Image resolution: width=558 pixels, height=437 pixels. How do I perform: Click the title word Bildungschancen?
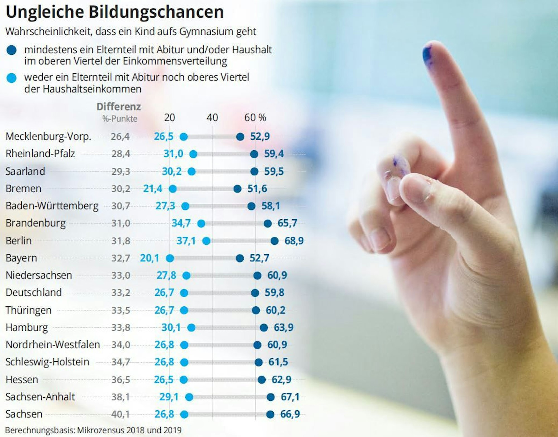156,12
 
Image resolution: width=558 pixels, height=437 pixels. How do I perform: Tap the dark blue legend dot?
11,50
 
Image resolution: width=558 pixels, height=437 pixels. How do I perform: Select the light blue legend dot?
11,78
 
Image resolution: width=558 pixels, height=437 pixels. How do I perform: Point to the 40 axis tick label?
212,118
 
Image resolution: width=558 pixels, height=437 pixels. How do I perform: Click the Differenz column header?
119,107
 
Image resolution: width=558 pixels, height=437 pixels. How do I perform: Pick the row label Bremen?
23,189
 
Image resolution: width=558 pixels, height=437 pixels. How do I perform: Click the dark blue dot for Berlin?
275,241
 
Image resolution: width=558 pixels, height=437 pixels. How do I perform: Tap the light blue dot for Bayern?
170,258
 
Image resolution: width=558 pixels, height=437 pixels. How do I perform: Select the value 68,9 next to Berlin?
294,241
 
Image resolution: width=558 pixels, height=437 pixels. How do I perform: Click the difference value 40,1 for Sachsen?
121,414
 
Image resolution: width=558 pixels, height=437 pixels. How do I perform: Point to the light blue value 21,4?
152,189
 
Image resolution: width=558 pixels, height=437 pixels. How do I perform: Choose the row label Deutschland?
33,293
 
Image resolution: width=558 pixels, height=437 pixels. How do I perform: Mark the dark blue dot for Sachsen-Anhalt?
270,397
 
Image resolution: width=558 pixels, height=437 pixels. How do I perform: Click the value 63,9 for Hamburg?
283,327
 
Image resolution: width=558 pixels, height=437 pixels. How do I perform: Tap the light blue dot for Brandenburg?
201,224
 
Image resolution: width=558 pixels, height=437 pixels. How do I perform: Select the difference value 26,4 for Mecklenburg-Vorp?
120,137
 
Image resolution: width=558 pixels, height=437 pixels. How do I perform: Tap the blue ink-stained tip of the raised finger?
427,54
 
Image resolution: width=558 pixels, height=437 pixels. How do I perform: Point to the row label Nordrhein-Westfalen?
53,345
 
